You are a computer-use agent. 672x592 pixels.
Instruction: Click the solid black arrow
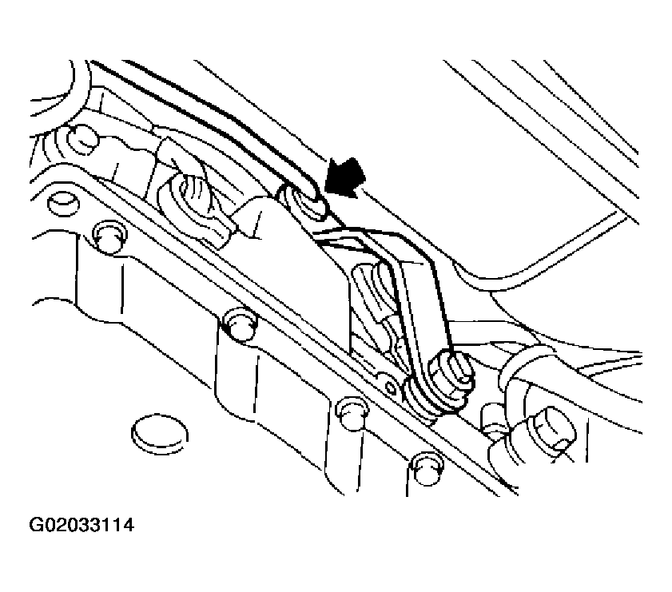coord(345,178)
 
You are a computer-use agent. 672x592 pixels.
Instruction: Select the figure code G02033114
coord(82,525)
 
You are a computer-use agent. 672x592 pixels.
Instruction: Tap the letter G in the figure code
coord(35,525)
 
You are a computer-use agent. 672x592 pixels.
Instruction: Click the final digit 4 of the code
coord(128,525)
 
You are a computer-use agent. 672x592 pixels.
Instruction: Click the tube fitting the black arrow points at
coord(302,202)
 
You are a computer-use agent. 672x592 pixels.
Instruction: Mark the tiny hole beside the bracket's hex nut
coord(391,388)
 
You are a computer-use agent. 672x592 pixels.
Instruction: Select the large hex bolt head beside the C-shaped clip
coord(553,428)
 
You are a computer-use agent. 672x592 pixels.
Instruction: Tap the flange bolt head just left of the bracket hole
coord(352,412)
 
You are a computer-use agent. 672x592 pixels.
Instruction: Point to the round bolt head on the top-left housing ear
coord(82,138)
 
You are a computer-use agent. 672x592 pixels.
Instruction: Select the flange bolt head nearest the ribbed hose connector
coord(110,236)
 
